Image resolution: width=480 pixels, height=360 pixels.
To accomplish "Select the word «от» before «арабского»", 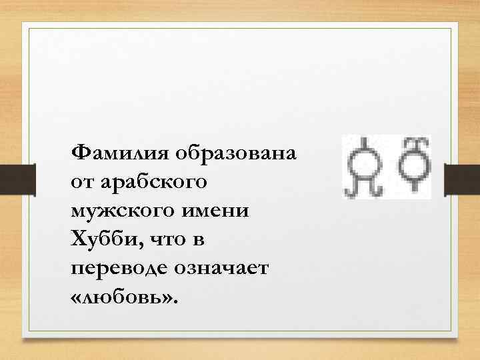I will click(x=80, y=182).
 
